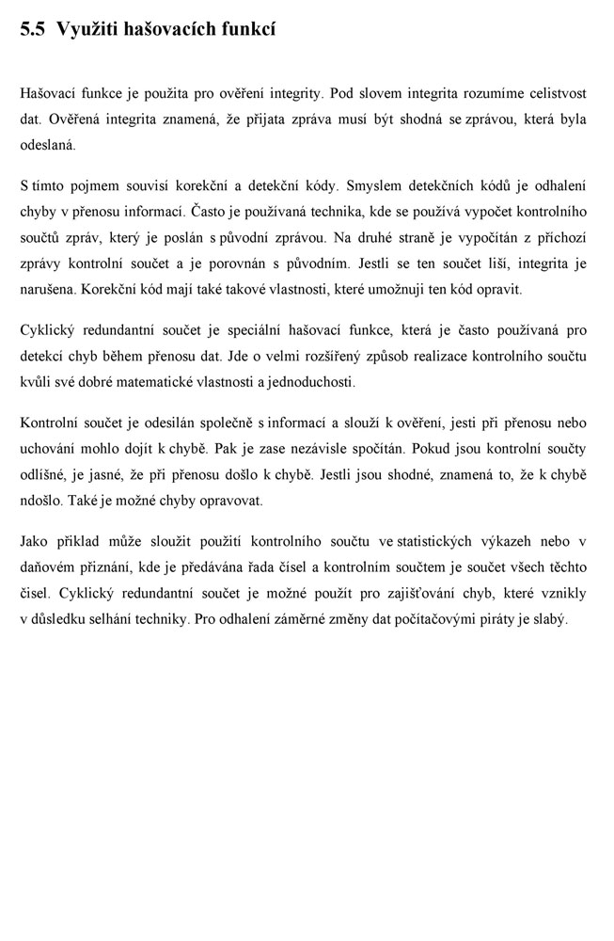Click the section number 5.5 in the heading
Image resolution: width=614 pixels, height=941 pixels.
tap(33, 29)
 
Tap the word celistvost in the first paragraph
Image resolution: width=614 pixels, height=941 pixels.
tap(555, 93)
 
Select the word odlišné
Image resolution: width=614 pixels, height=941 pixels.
tap(42, 474)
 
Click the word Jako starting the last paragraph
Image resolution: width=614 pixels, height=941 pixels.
tap(35, 541)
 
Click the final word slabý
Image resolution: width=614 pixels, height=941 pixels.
tap(549, 620)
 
